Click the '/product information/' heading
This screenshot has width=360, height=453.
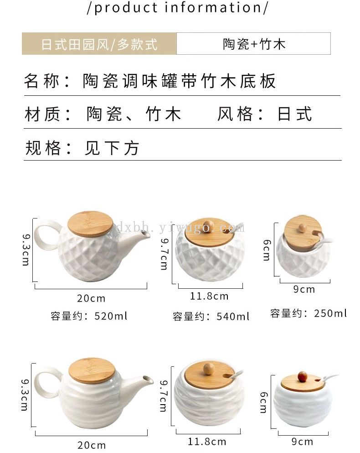tap(178, 7)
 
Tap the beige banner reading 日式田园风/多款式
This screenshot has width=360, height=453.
tap(99, 44)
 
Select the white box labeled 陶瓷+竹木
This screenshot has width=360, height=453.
tap(253, 44)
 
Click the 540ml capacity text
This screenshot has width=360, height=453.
tap(211, 317)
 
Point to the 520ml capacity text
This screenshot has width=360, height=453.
tap(88, 316)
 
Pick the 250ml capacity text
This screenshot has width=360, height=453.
tap(309, 313)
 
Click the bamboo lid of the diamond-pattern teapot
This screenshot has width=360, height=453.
tap(90, 224)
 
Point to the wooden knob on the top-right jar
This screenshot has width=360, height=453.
tap(303, 228)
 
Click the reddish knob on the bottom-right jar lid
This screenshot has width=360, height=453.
tap(302, 376)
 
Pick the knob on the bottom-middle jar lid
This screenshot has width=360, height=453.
tap(208, 369)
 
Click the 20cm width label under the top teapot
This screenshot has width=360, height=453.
tap(91, 298)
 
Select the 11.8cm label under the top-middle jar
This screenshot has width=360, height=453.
tap(209, 296)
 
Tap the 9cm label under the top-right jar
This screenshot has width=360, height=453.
tap(304, 289)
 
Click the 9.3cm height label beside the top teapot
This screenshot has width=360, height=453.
tap(26, 250)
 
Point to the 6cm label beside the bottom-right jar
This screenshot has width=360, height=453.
tap(264, 402)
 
